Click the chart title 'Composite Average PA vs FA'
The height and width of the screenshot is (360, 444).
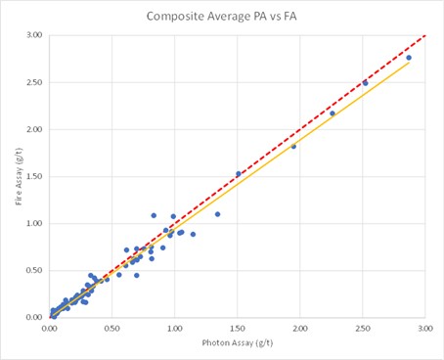(222, 17)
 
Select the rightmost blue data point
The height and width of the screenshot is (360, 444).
(409, 58)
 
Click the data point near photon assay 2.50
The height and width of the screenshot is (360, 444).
(365, 83)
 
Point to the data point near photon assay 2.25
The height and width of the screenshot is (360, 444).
(333, 113)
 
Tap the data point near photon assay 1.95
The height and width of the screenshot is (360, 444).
(293, 146)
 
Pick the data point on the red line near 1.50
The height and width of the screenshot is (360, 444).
(239, 174)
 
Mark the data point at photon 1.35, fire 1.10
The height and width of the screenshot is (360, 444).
(217, 214)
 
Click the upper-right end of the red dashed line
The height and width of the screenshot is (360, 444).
(424, 36)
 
